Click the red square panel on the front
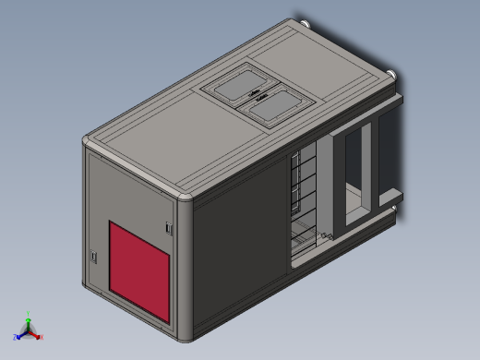click(140, 270)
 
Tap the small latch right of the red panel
click(168, 227)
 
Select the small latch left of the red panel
click(94, 256)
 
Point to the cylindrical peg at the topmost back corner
click(304, 20)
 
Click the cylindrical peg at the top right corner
click(394, 77)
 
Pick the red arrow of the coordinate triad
click(35, 332)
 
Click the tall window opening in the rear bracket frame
click(354, 171)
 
